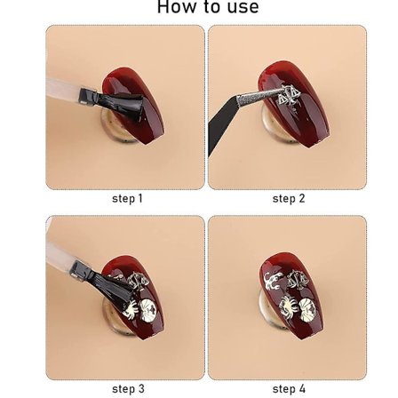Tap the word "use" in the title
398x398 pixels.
[243, 7]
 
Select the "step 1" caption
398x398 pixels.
[127, 198]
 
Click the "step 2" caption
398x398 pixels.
[289, 198]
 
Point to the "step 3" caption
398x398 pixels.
[128, 388]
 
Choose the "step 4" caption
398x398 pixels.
[289, 388]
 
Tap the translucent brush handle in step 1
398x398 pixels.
[63, 90]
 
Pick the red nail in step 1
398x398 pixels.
[132, 105]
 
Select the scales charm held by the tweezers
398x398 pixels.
[287, 95]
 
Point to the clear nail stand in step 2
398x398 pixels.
[277, 126]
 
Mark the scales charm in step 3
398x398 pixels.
[139, 281]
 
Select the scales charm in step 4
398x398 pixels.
[298, 280]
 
